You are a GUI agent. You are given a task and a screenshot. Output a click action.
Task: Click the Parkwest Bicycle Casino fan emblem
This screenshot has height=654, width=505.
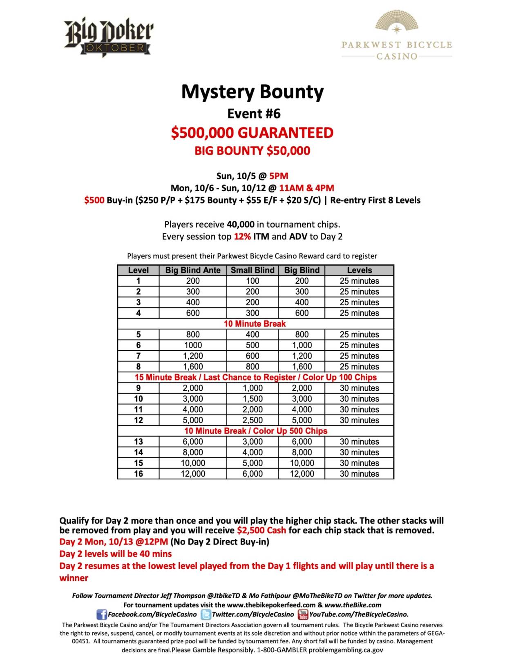(396, 22)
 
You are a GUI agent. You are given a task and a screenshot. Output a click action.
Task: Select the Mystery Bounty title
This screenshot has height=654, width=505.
(252, 92)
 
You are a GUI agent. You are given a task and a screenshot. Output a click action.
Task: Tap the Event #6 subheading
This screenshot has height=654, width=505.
(254, 113)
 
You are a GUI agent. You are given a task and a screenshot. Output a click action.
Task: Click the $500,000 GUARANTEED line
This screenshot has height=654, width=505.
(252, 133)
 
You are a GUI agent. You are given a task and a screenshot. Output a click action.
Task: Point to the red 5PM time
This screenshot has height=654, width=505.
(279, 176)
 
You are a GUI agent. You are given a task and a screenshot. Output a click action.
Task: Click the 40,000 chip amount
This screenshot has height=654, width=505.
(240, 224)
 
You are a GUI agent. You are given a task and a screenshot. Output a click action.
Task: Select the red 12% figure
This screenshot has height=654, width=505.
(242, 237)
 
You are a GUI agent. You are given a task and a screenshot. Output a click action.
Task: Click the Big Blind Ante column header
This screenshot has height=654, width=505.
(192, 270)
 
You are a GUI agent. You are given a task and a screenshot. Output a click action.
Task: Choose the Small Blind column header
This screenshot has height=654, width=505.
(252, 270)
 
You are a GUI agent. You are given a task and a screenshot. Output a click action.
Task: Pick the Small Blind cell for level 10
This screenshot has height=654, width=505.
(252, 399)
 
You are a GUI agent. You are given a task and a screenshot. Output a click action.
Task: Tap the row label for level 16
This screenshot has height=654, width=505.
(139, 474)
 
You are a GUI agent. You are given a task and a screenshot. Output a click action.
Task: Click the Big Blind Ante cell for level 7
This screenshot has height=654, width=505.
(192, 356)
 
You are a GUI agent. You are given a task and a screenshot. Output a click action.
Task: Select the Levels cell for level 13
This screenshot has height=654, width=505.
(359, 442)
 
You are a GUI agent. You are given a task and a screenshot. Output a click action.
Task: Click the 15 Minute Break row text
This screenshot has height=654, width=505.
(255, 377)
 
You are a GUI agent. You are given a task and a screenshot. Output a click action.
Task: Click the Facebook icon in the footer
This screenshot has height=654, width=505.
(101, 614)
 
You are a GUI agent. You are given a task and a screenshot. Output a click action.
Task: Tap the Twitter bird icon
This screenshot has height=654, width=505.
(206, 614)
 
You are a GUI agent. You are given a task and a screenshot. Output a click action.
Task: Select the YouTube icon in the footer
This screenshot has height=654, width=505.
(303, 614)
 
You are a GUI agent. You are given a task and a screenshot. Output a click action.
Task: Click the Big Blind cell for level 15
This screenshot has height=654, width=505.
(302, 463)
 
